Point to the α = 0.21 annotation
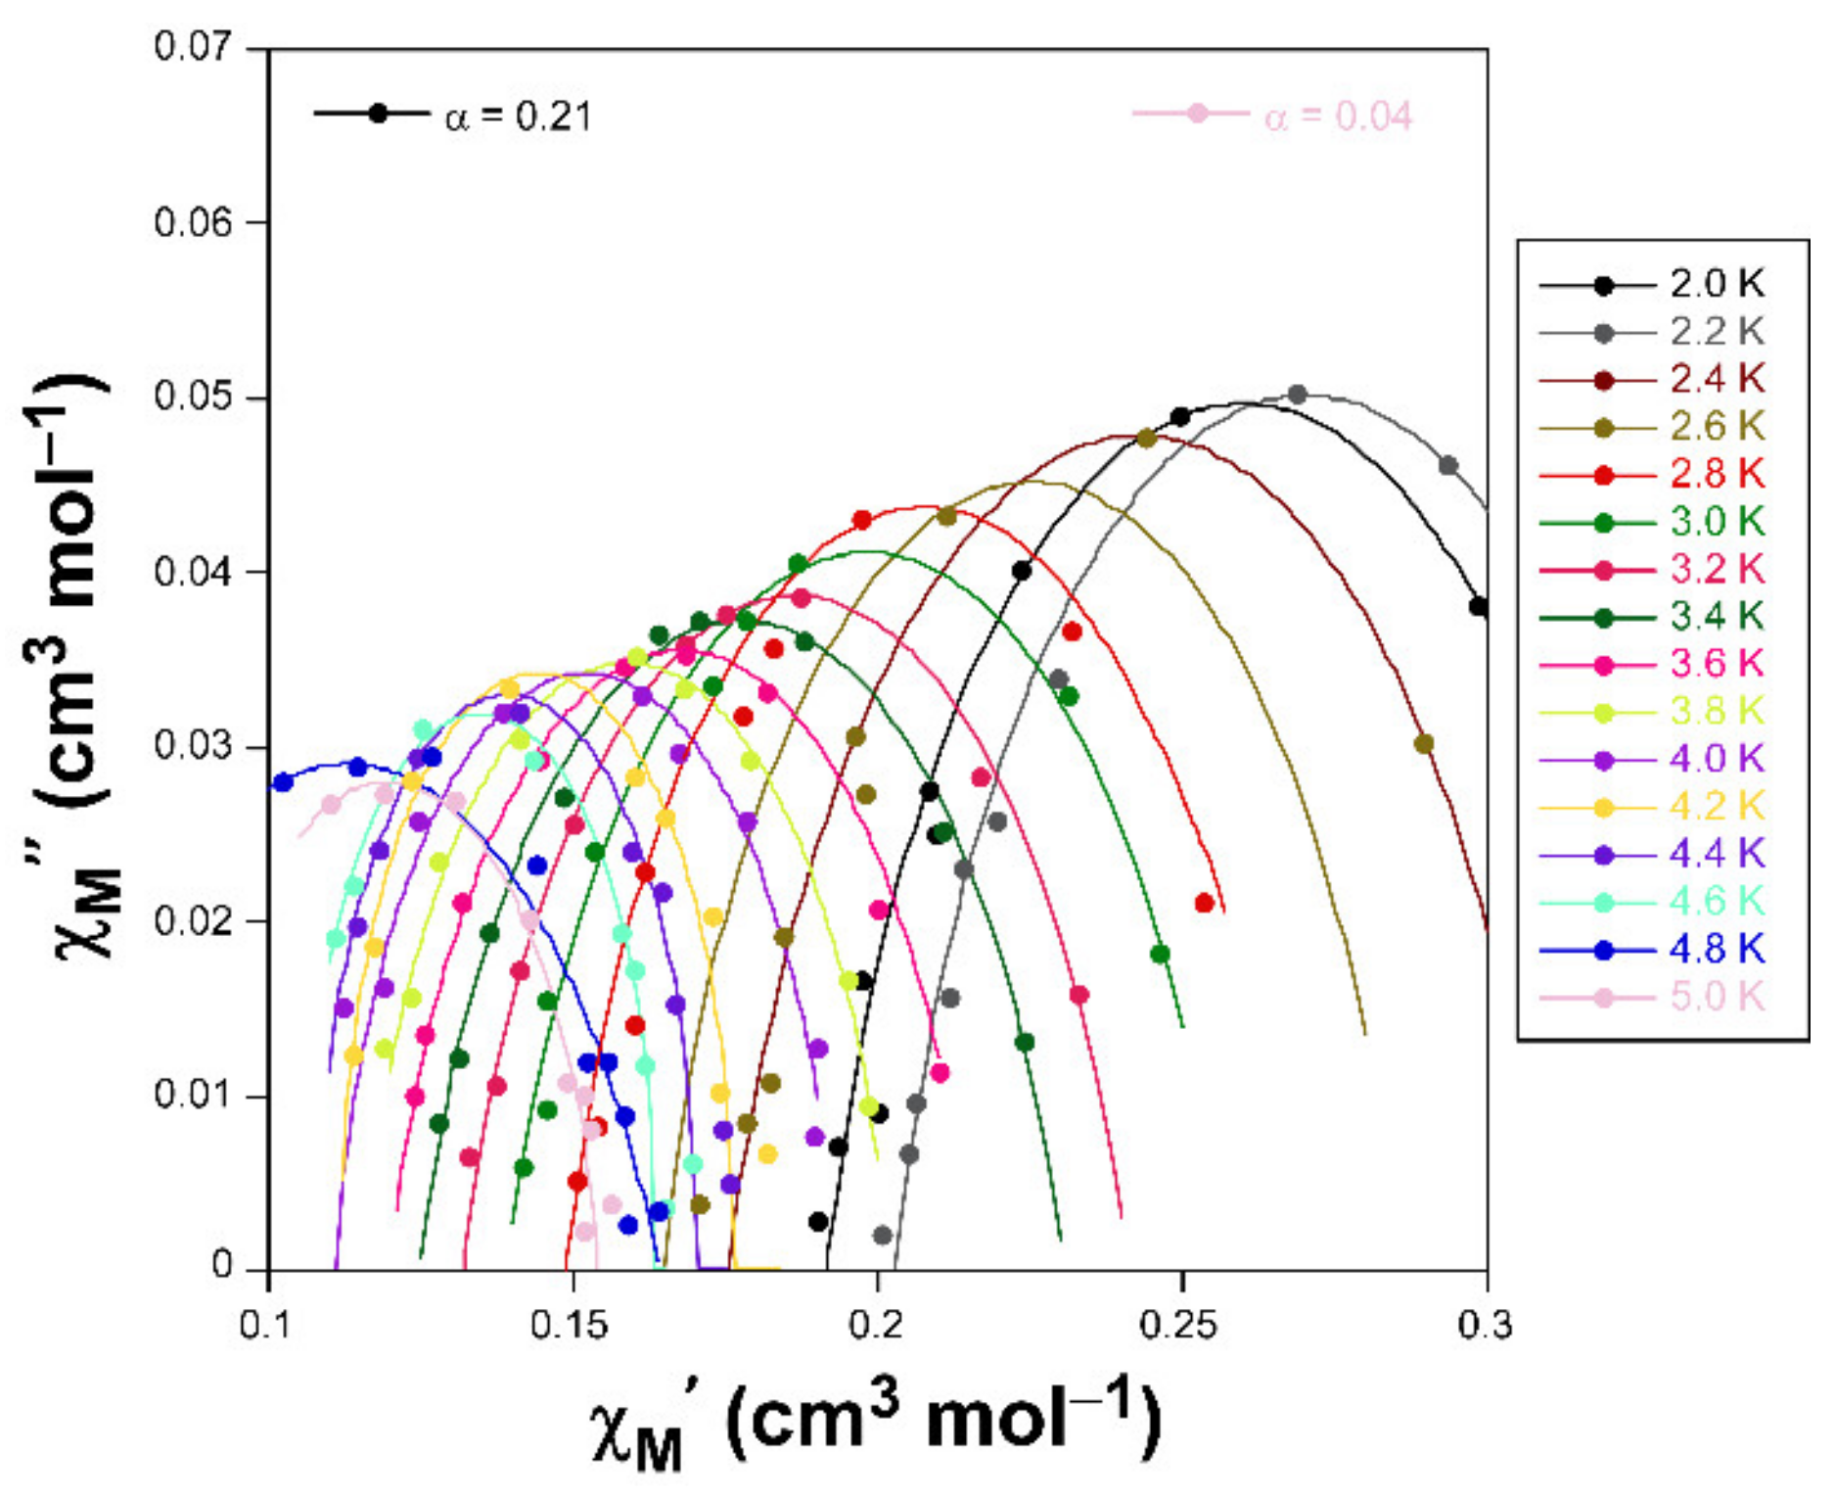[518, 117]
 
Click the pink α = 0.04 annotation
[1337, 117]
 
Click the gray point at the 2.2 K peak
[1298, 395]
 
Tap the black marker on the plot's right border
[1479, 607]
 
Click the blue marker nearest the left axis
[284, 782]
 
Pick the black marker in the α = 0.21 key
[379, 114]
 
